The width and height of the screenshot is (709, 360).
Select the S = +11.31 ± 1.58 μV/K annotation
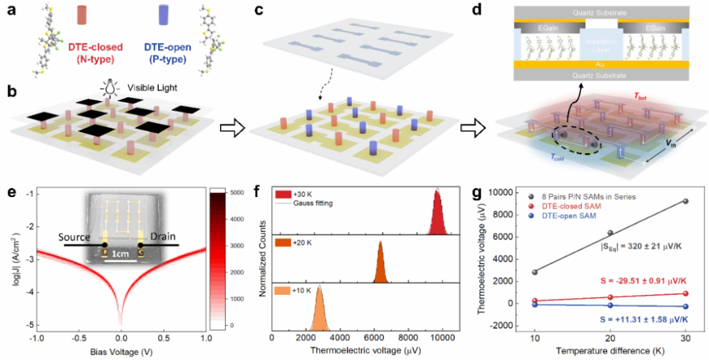click(633, 319)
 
